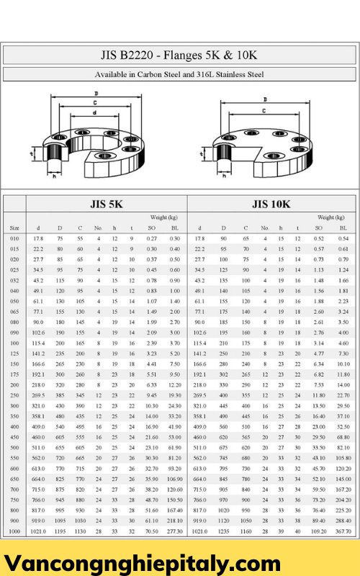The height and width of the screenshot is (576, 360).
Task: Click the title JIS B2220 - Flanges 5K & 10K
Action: (x=179, y=55)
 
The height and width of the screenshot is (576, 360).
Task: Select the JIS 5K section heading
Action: (x=106, y=204)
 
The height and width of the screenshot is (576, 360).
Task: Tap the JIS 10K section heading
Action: (x=271, y=204)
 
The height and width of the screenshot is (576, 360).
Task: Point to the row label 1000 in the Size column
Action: (x=14, y=531)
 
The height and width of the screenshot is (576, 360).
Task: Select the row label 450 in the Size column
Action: (x=14, y=437)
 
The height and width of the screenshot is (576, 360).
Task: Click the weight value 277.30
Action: (x=174, y=531)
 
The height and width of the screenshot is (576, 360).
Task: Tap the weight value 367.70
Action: (x=343, y=531)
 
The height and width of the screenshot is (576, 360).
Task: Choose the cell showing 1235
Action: (x=223, y=531)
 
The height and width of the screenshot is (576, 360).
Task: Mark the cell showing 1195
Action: (x=60, y=531)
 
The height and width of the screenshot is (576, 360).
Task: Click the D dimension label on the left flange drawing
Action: (x=96, y=94)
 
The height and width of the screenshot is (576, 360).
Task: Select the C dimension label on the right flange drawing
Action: (x=264, y=110)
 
